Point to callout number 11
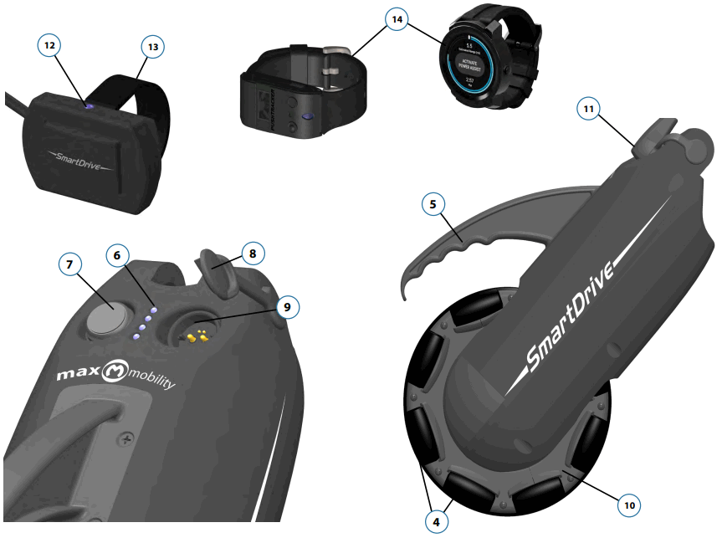590,108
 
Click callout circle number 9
287,308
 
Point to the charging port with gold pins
197,335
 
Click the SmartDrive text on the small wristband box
76,158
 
